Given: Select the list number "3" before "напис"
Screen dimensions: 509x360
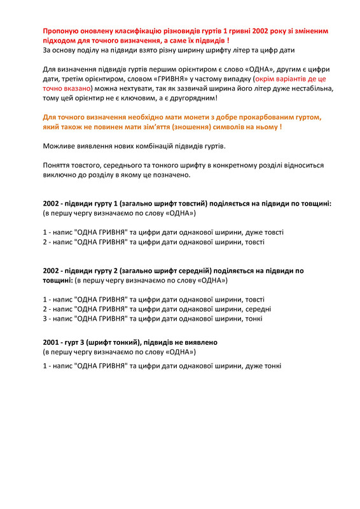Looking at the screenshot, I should click(45, 318).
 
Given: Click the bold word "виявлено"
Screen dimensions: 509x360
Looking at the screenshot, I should click(198, 342).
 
